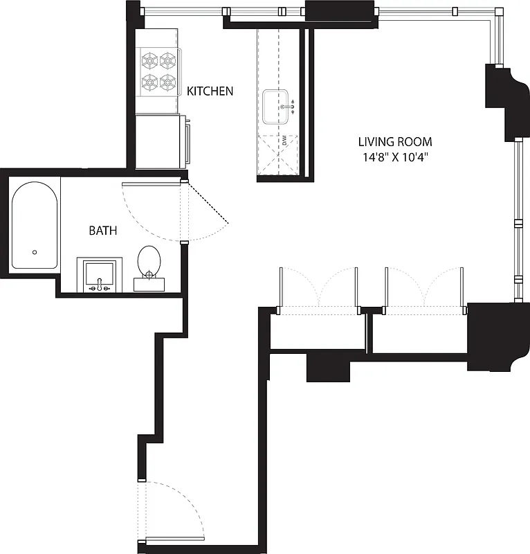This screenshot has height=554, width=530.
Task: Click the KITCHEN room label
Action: point(211,91)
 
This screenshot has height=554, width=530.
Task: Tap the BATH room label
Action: point(102,231)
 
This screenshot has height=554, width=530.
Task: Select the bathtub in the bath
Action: point(34,225)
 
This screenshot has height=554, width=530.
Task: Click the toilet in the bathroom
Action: point(149,267)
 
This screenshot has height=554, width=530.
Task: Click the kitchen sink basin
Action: point(277,107)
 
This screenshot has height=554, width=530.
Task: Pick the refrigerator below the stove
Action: point(161,141)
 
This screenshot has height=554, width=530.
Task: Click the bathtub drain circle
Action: point(34,253)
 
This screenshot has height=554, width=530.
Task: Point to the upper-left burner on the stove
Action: point(149,60)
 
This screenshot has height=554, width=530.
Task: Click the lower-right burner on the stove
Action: point(168,82)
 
